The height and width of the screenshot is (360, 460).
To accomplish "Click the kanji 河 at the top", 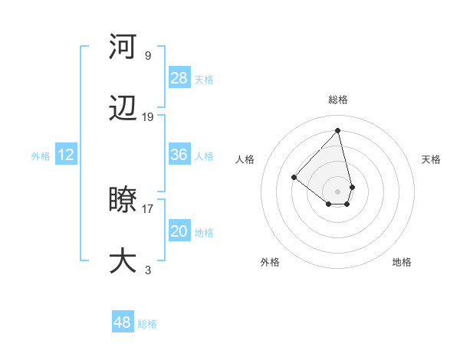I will point(123,47).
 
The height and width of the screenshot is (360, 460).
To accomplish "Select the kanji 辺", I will point(123,110).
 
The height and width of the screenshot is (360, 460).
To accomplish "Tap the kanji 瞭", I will point(123,201).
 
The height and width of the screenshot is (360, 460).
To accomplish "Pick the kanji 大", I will point(123,260).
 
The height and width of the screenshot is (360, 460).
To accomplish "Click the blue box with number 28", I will point(179,77).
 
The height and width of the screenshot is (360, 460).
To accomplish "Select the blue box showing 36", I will point(179,155).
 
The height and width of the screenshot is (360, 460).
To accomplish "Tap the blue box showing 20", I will point(179,231).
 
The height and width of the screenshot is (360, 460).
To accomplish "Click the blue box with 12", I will point(66,155).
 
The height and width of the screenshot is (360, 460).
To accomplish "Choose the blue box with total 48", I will point(123,322).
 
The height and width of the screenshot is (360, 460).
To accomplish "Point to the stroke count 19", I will point(148,117).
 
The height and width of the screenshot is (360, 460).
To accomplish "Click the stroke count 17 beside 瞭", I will point(148,208).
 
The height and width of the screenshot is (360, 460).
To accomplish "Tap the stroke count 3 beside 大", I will point(148,270).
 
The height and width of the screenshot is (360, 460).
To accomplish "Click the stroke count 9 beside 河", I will point(148,55).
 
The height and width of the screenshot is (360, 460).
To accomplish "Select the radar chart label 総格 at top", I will point(337,100).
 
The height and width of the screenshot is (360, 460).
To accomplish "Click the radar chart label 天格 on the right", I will point(431,159).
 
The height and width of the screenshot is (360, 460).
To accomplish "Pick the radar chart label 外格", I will point(270,262).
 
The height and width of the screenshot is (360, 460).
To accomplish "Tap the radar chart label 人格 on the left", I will point(245,159).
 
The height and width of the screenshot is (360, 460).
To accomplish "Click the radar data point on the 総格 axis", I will point(337,130).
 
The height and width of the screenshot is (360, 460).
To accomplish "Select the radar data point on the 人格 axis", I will point(294,177).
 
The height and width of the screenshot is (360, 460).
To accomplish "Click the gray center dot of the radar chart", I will point(337,191).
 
